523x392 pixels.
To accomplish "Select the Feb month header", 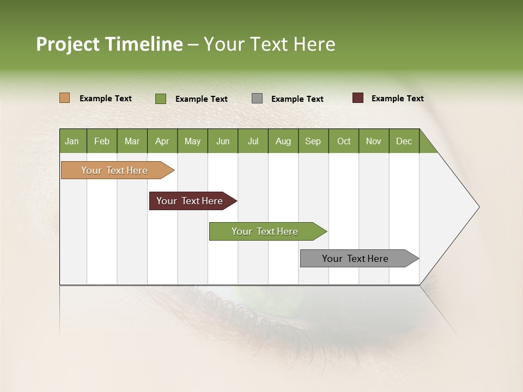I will coord(102,141).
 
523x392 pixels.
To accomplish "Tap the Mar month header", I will coord(132,141).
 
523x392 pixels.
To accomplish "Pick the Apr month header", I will coord(162,141).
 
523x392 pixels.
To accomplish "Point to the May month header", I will coord(192,141).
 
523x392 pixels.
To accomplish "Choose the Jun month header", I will coord(223,141).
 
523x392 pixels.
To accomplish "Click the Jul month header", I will coord(253,141).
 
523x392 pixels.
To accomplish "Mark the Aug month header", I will coord(283,141).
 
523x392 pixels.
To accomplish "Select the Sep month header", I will coord(313,141).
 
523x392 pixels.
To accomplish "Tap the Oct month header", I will coord(344,141).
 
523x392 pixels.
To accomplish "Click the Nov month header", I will coord(374,141).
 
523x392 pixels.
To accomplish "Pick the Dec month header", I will coord(404,141).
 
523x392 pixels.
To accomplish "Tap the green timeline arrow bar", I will coord(265,231).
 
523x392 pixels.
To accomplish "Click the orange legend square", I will coord(65,98).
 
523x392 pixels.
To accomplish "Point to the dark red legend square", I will coord(358,98).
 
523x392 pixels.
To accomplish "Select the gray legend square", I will coord(257,99).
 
